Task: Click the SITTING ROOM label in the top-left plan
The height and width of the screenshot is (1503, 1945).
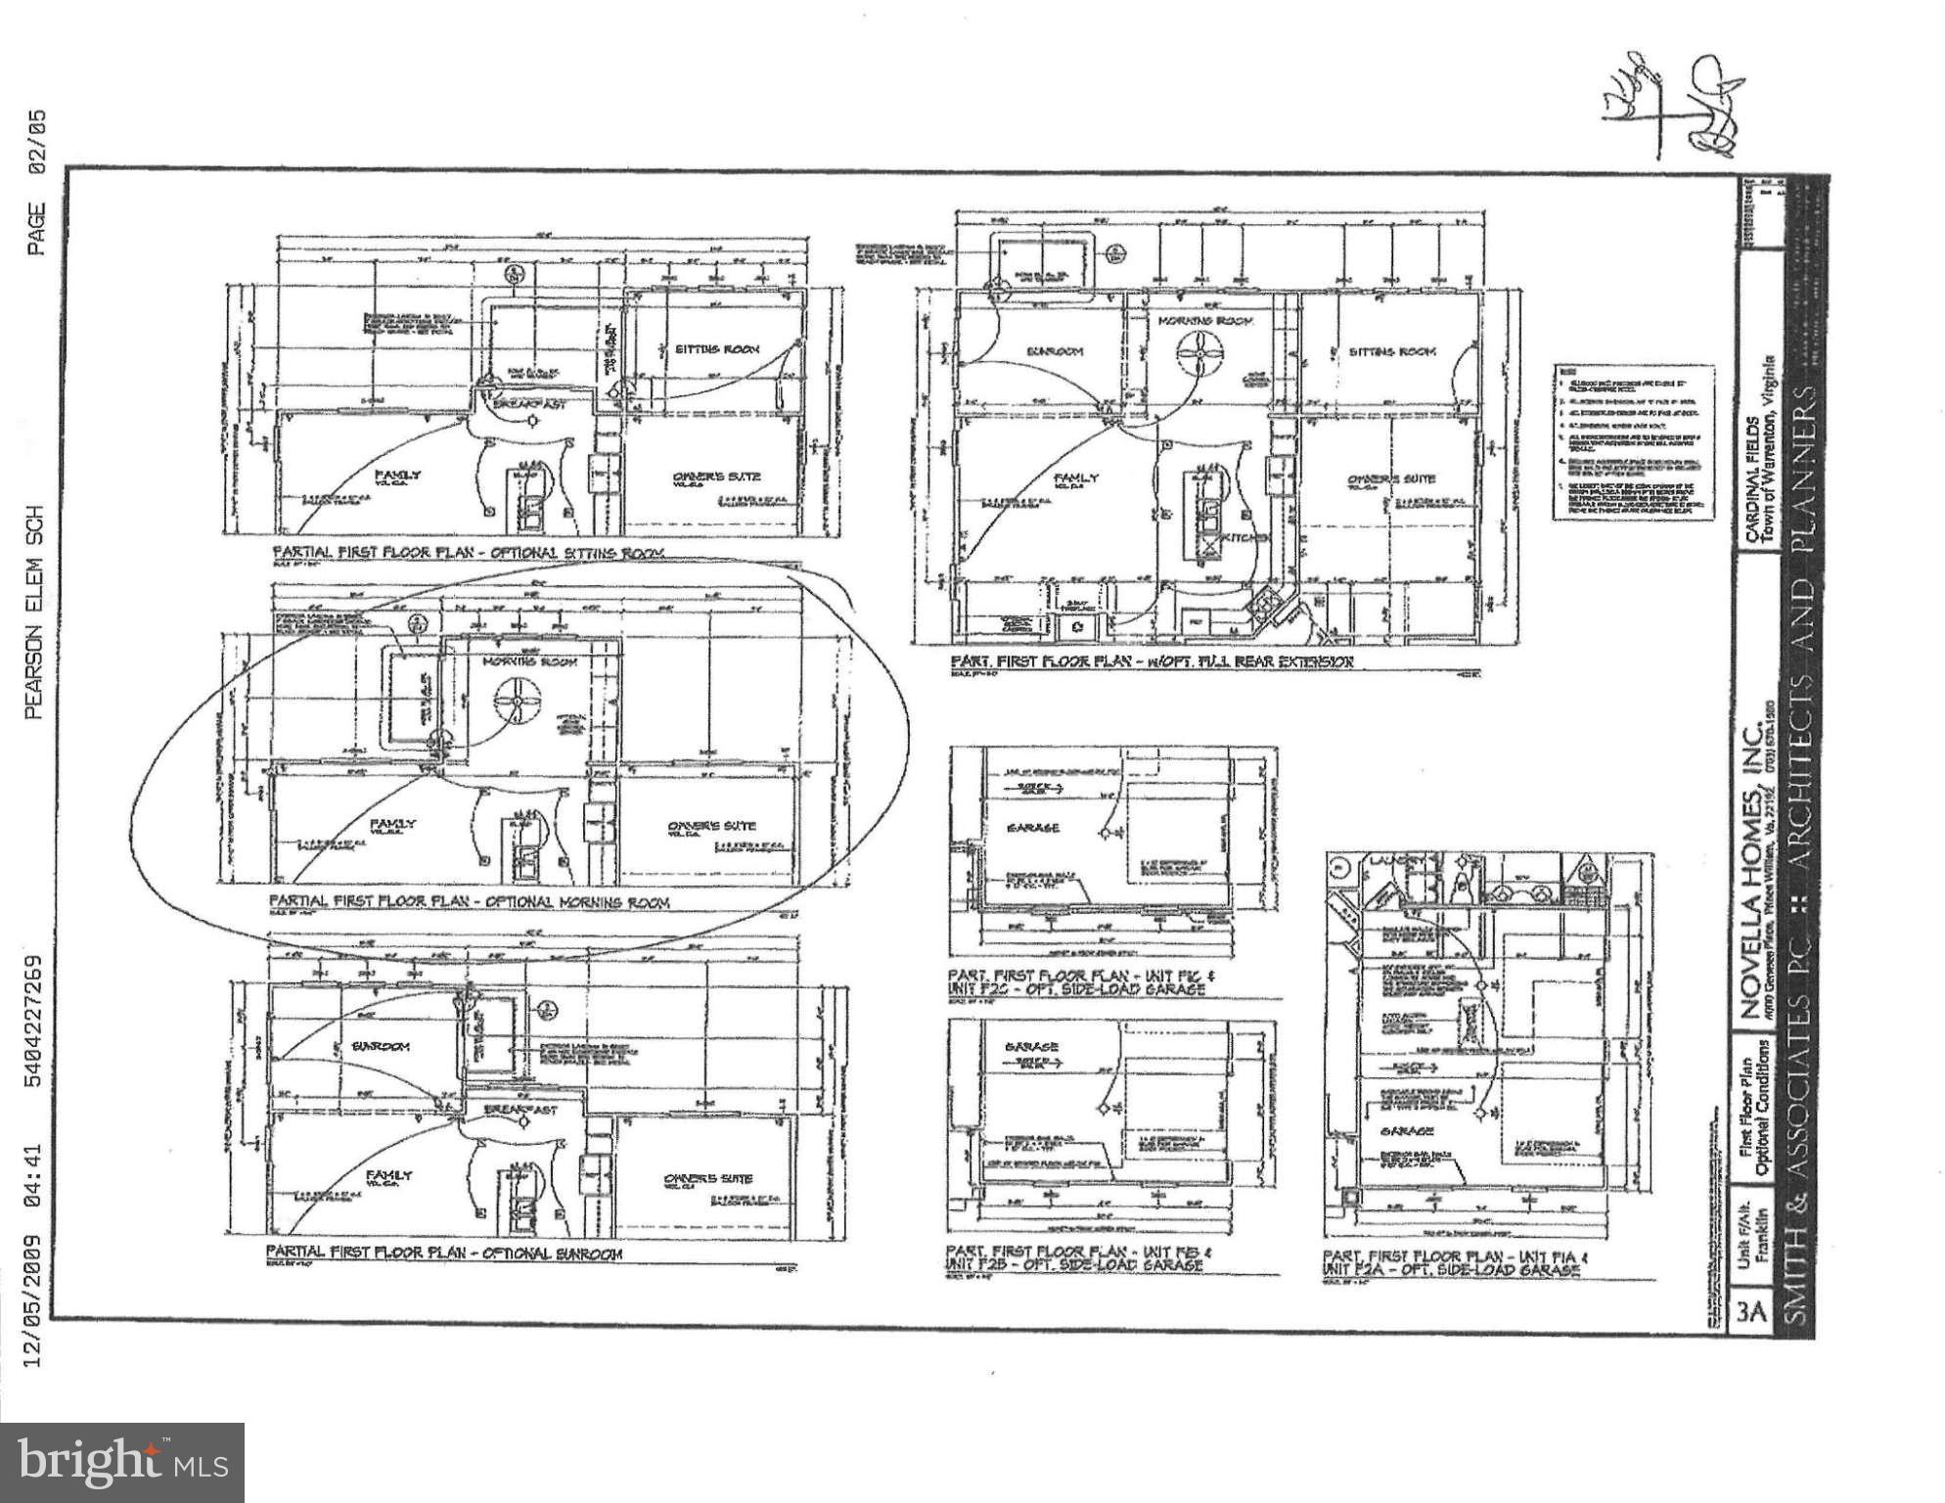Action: coord(716,348)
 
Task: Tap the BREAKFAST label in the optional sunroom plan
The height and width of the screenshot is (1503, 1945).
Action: coord(521,1110)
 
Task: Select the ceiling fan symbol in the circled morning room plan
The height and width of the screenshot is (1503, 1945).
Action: coord(517,701)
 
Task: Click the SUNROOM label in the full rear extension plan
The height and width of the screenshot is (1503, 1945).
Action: coord(1054,350)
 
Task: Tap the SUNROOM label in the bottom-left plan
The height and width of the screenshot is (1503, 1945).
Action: coord(381,1046)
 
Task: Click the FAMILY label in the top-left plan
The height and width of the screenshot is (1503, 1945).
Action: coord(398,475)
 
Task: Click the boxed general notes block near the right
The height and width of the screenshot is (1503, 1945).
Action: coord(1633,442)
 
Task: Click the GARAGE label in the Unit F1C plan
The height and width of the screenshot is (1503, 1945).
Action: coord(1033,828)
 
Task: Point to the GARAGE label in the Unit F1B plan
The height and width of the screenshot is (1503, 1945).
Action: coord(1031,1046)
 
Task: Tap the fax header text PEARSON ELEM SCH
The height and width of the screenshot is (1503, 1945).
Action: coord(35,611)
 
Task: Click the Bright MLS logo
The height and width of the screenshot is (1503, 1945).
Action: coord(121,1462)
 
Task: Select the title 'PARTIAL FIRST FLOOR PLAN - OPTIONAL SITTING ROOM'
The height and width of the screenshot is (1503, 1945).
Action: coord(468,553)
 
